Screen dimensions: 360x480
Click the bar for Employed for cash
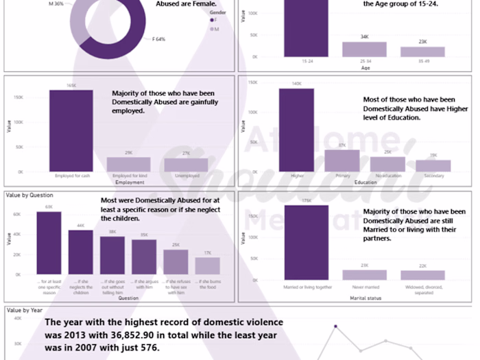(x=71, y=130)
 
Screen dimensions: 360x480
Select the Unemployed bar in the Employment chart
(x=186, y=165)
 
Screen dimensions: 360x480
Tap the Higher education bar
(x=296, y=130)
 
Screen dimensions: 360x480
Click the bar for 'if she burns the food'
(x=208, y=266)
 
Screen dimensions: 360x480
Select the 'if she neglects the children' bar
(x=80, y=252)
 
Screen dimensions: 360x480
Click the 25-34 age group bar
(x=365, y=49)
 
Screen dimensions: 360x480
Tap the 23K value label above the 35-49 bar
(x=422, y=42)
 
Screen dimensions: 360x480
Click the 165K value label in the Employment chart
(x=71, y=86)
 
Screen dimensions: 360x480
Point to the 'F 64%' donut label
(x=158, y=39)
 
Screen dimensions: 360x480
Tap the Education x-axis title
(x=365, y=183)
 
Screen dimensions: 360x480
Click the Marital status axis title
(x=365, y=298)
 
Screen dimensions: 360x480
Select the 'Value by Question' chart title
(x=29, y=195)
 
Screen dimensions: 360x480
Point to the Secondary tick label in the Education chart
(x=433, y=176)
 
